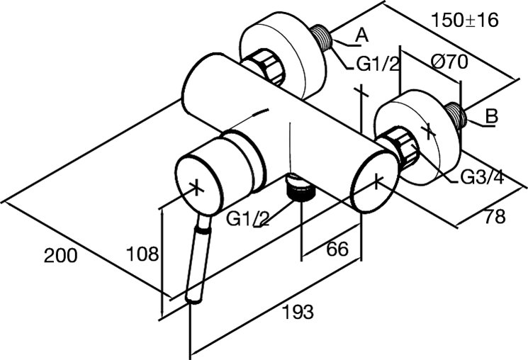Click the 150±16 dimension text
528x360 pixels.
465,21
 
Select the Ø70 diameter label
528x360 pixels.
449,62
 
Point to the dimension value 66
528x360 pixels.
337,249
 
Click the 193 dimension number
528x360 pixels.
298,312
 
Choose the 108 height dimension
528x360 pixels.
142,254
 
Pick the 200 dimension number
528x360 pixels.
61,255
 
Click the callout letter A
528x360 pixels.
362,35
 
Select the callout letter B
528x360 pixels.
491,117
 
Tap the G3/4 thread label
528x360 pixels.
482,176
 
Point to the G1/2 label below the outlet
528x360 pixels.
248,219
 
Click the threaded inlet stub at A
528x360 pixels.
321,38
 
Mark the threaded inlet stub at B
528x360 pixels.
456,115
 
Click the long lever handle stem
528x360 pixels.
198,259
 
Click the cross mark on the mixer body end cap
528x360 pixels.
376,181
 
